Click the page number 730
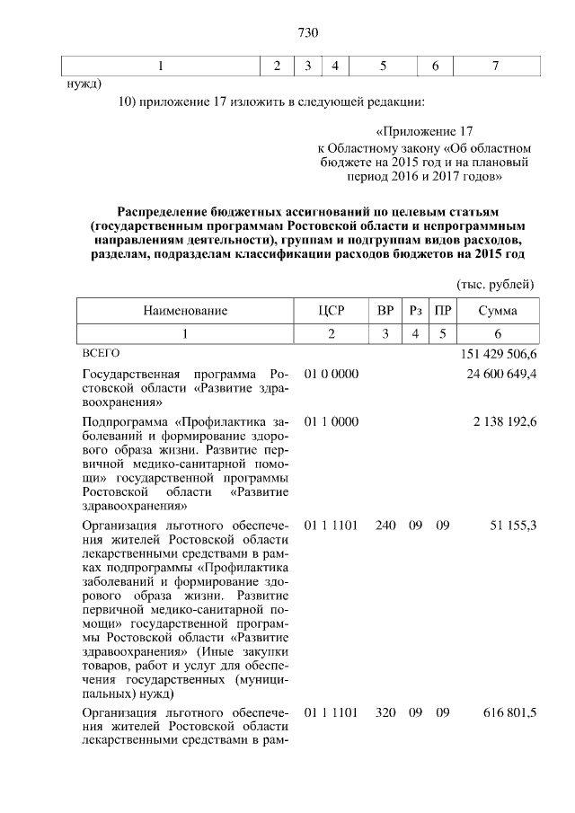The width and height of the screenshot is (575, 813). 308,33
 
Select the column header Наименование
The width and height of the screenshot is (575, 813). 185,311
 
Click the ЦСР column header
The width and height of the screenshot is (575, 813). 332,311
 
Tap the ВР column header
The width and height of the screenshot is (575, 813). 385,311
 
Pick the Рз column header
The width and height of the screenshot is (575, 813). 415,311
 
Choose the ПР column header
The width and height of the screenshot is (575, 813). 442,311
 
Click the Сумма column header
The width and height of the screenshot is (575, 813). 497,311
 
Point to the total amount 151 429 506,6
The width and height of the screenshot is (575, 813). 498,355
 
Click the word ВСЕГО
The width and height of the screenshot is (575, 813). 100,355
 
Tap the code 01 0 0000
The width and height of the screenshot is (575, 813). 332,374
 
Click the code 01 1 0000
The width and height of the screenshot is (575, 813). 332,421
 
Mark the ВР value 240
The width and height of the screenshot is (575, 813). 385,525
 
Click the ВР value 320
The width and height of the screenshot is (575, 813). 385,712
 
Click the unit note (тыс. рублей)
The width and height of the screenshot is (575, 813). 496,284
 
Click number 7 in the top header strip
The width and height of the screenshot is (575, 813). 495,66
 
